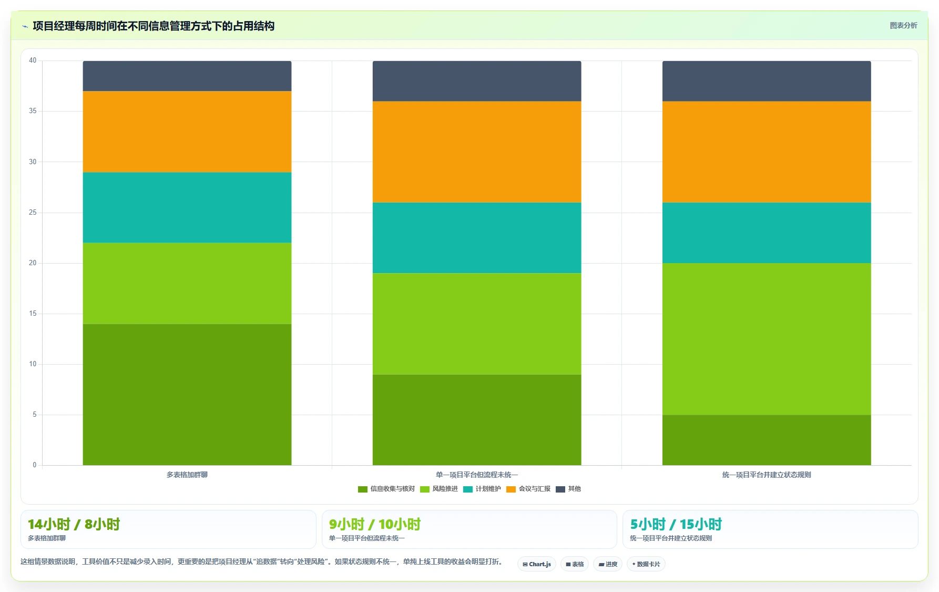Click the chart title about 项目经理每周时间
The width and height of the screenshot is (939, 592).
154,26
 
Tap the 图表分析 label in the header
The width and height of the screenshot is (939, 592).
903,25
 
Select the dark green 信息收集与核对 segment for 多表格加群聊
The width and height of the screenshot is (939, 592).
187,394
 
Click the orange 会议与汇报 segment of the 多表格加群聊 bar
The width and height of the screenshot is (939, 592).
187,132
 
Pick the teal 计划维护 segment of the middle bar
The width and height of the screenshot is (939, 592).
477,238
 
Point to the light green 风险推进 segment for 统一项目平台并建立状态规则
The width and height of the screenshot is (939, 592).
767,339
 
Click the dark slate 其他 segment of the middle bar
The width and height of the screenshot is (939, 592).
477,81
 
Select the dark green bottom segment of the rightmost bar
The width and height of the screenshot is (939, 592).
767,440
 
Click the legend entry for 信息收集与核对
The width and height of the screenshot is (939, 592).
386,489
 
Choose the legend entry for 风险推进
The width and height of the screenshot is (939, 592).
439,489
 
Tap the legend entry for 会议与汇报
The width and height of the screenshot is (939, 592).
528,489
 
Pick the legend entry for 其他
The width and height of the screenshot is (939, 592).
568,489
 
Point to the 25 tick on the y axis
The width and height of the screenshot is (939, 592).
33,213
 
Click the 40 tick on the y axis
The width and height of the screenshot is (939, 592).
33,61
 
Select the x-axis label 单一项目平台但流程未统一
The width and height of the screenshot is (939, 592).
477,475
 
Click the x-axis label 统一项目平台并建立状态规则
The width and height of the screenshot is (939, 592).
767,475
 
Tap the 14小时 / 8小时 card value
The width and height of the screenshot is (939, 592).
74,524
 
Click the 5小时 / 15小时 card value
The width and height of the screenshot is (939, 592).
676,524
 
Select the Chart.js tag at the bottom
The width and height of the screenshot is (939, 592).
537,564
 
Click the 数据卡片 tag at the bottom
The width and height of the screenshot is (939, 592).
646,564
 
